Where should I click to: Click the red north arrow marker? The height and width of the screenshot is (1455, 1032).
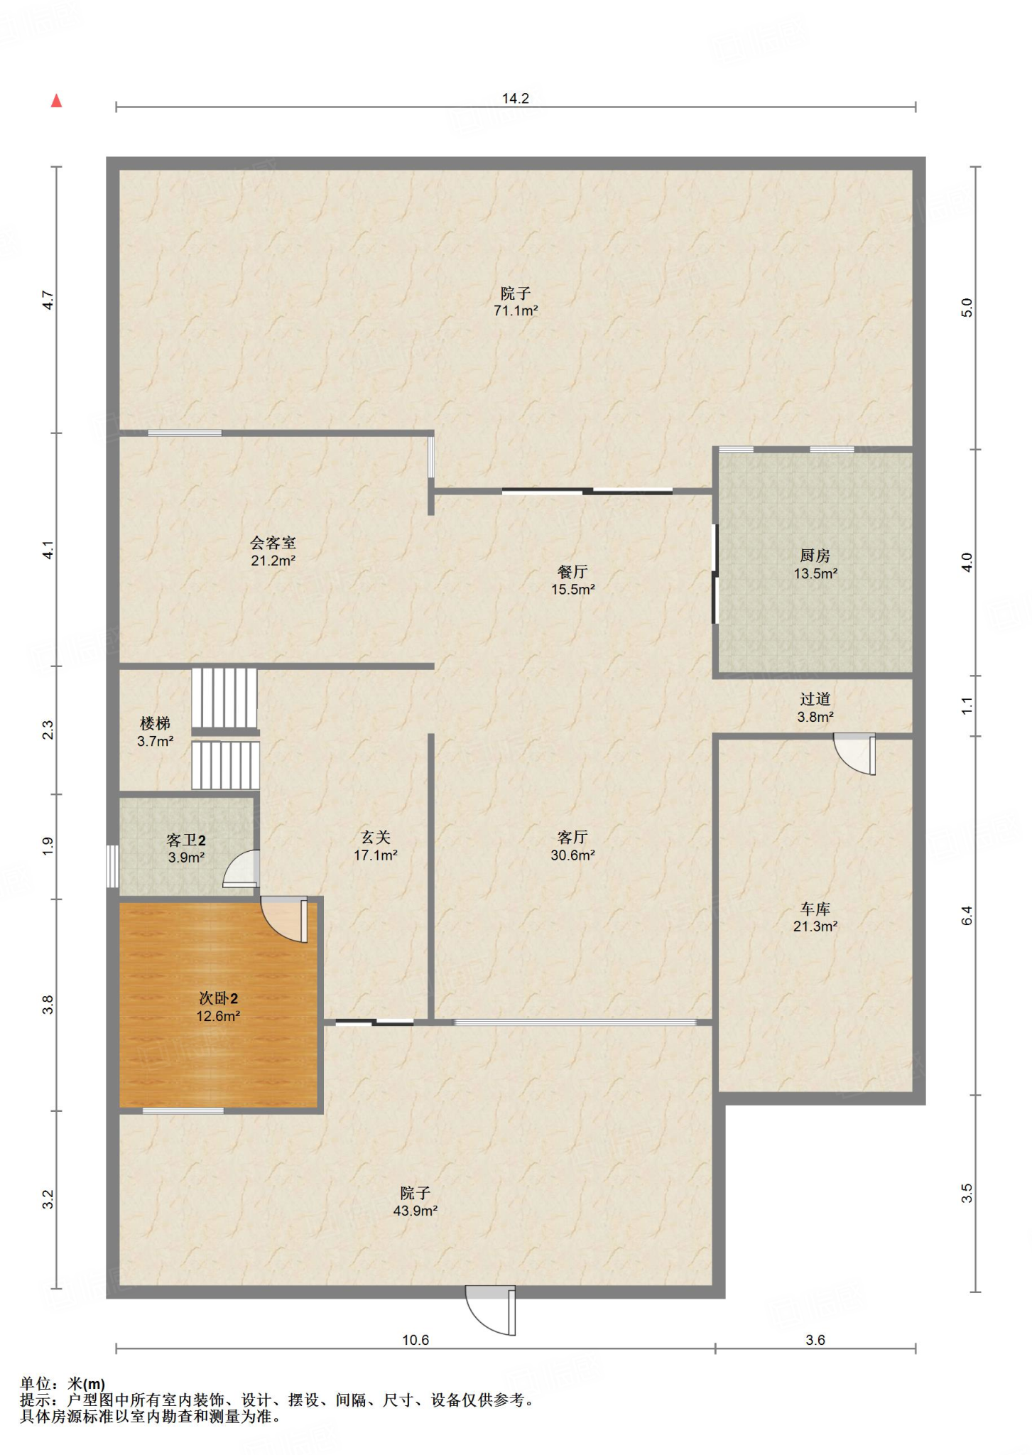pos(56,101)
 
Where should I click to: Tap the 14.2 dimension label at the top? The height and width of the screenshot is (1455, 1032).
pos(516,98)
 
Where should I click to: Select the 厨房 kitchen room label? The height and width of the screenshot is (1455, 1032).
pos(815,556)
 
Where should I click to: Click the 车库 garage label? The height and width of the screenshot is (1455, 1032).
pos(815,909)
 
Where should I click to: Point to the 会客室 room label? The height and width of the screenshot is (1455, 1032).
pos(273,543)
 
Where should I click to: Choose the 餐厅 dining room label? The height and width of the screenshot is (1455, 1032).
pos(572,572)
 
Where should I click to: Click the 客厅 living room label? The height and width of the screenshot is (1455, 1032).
pos(572,838)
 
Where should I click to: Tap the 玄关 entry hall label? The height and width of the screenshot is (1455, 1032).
pos(375,838)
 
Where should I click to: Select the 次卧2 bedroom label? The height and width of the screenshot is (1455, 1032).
pos(218,999)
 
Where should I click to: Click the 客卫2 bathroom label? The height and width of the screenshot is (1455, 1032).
pos(186,840)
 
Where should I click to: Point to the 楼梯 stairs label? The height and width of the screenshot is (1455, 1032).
pos(155,724)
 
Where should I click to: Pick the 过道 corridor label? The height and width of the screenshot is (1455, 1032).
pos(815,699)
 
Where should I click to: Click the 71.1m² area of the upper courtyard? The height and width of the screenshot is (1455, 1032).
pos(516,310)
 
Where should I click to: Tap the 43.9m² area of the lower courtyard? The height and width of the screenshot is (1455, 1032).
pos(415,1211)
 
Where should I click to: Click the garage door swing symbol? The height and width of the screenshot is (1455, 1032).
pos(854,755)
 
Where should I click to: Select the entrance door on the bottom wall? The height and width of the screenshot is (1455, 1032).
pos(490,1310)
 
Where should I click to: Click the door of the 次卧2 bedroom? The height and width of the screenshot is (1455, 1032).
pos(284,920)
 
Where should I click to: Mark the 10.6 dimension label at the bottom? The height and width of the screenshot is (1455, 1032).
pos(415,1340)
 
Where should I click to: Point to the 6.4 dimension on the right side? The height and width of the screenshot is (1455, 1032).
pos(967,916)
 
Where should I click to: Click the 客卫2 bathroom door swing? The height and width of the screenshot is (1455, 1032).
pos(241,869)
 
